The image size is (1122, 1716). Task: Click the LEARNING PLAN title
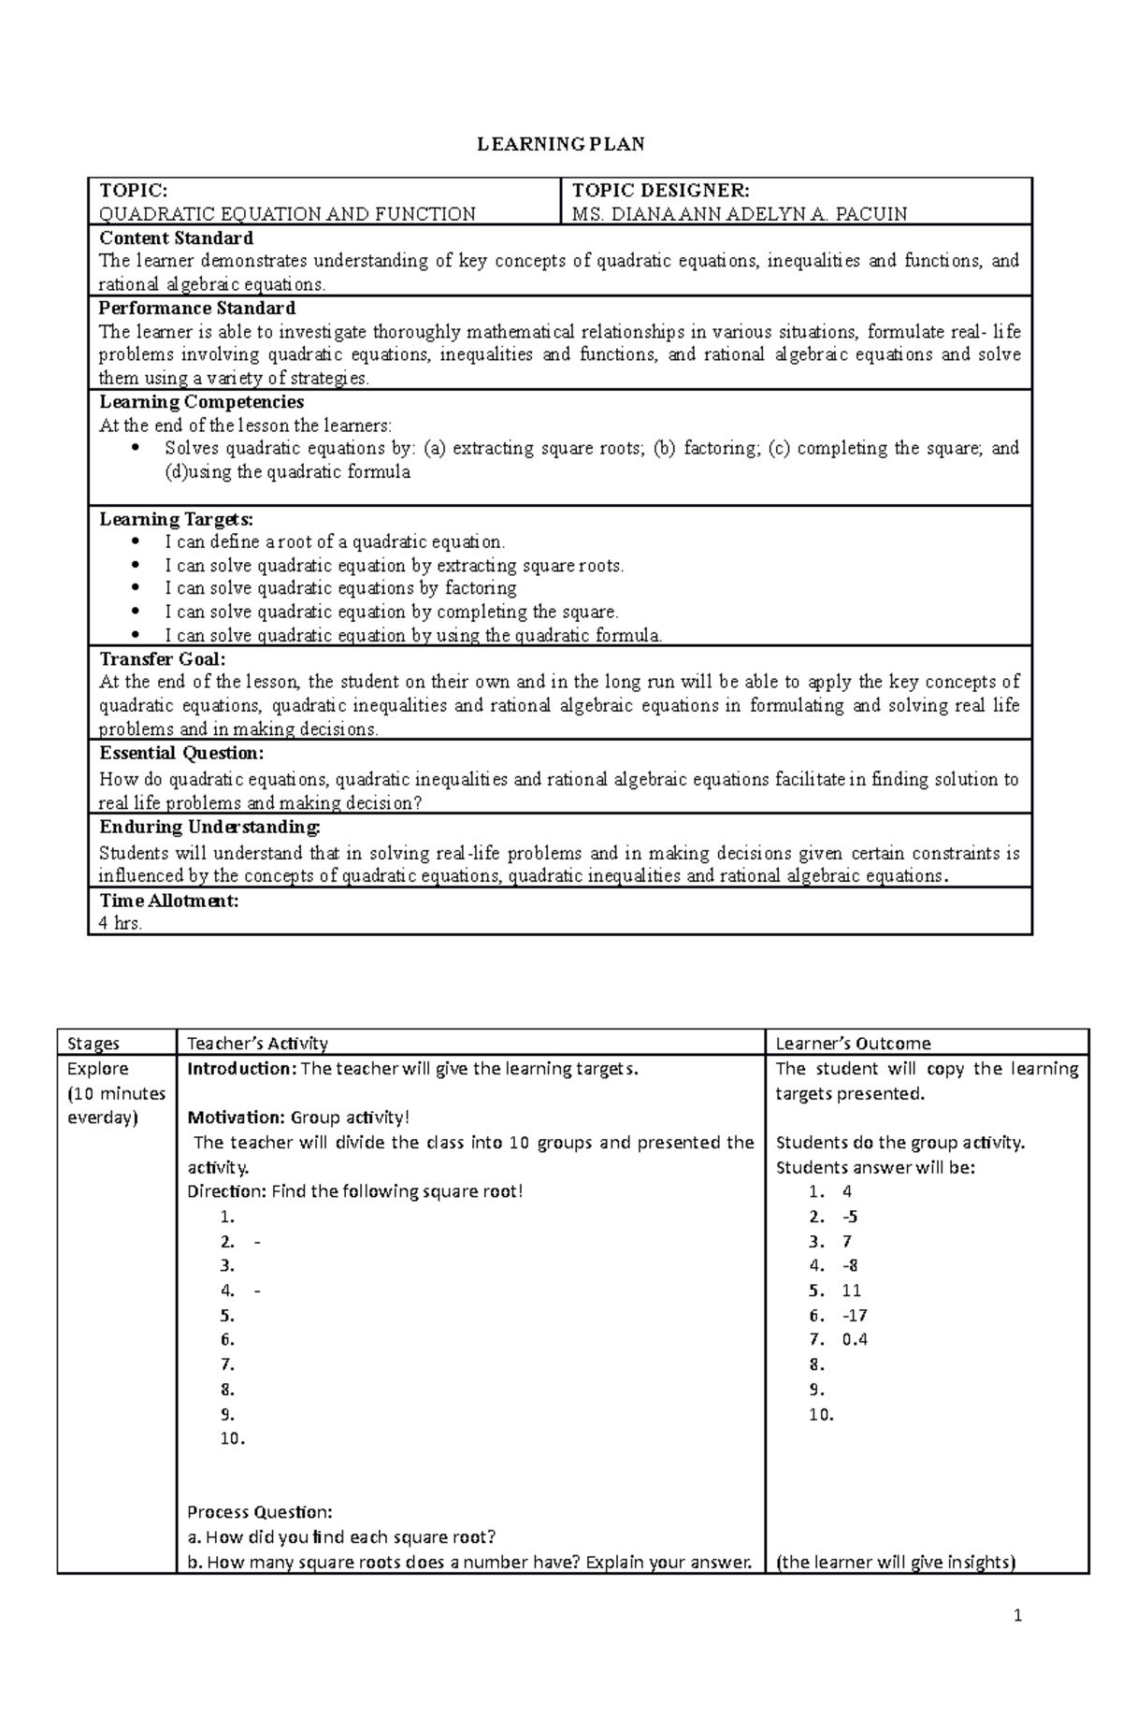[x=561, y=144]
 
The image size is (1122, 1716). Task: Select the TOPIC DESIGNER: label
[x=660, y=190]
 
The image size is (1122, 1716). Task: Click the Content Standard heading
[x=176, y=238]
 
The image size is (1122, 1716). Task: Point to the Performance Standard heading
[x=197, y=308]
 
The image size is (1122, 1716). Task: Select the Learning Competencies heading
[x=201, y=401]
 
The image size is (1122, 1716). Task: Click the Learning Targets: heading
[x=176, y=519]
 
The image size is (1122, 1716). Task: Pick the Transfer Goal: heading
[x=162, y=658]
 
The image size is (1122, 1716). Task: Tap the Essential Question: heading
[x=181, y=753]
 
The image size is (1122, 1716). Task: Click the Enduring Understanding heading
[x=209, y=827]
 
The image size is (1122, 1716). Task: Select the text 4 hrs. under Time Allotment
[x=121, y=924]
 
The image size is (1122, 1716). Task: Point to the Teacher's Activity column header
[x=257, y=1044]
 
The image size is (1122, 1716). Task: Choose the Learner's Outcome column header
[x=853, y=1044]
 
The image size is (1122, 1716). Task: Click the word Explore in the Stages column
[x=98, y=1069]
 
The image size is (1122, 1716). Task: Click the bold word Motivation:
[x=236, y=1118]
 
